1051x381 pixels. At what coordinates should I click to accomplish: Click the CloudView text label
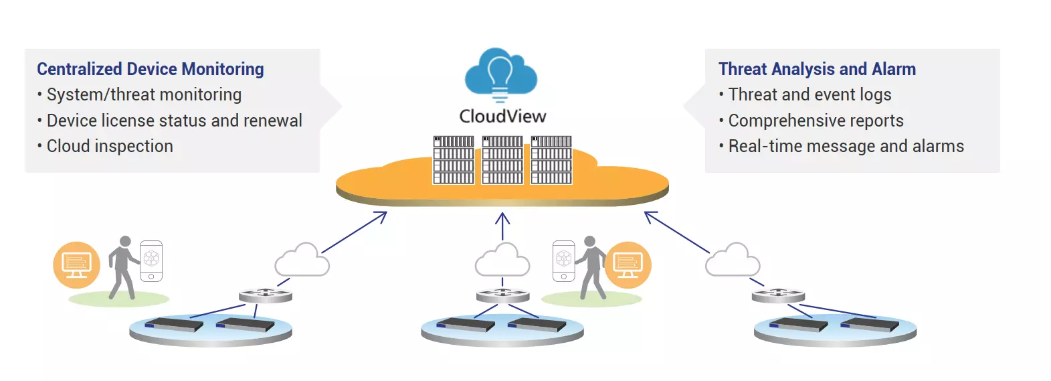pos(502,117)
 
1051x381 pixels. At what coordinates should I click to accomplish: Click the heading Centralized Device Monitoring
pos(151,69)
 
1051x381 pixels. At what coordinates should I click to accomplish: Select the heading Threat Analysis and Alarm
pos(817,69)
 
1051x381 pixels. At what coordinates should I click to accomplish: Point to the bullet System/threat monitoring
pos(143,95)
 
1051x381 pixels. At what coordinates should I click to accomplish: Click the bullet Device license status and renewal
pos(174,121)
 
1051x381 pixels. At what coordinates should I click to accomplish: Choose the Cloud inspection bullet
pos(110,146)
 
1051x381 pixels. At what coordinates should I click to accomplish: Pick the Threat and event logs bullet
pos(809,95)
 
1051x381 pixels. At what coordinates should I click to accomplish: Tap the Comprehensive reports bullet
pos(816,121)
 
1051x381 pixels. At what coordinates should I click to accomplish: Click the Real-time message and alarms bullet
pos(846,146)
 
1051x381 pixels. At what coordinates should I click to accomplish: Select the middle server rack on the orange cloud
pos(502,160)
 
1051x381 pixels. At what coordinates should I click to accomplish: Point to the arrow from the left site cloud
pos(354,232)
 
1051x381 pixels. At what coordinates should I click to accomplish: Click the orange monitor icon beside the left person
pos(76,264)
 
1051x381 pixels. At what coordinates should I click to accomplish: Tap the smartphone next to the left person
pos(151,261)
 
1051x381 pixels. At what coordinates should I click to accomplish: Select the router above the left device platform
pos(266,295)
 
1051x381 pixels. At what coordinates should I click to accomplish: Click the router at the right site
pos(778,295)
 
